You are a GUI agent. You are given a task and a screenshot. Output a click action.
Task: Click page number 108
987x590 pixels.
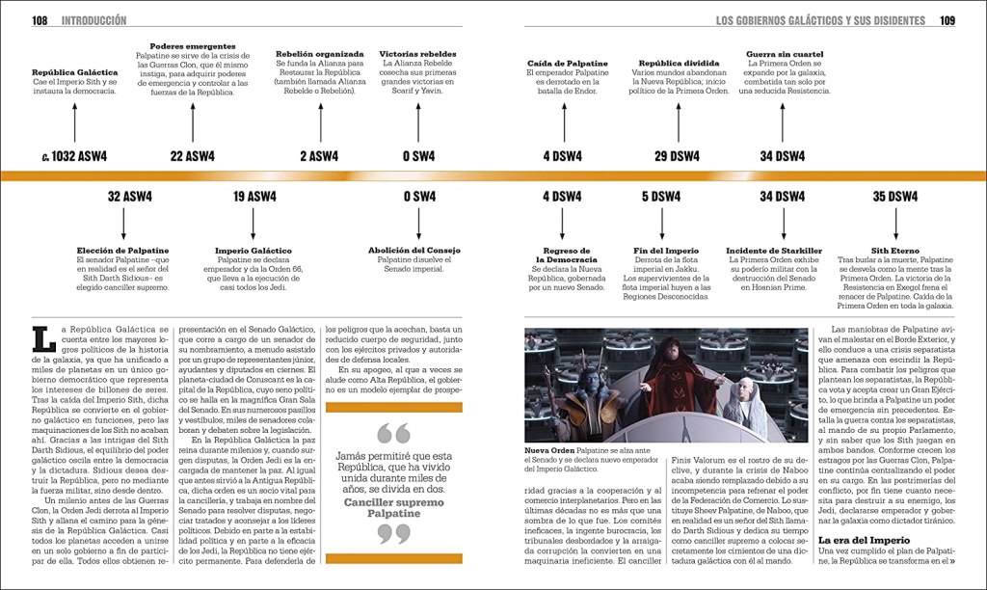point(40,19)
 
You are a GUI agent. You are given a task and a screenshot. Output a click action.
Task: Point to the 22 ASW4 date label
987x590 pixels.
point(192,156)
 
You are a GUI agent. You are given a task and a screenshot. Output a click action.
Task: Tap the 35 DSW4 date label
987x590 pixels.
point(892,197)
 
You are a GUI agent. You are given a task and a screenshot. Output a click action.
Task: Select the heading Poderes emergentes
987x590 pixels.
point(192,45)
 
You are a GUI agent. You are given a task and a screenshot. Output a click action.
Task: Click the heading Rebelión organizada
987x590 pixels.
point(319,54)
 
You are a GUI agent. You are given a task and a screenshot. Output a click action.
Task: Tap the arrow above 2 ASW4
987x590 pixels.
point(319,122)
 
